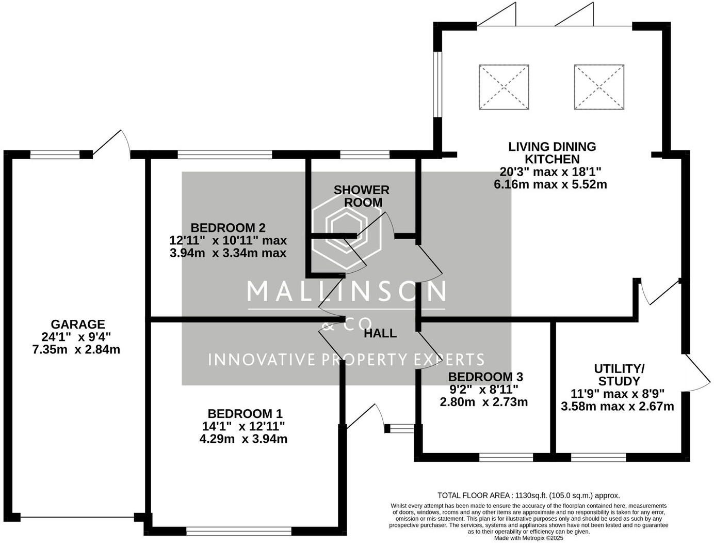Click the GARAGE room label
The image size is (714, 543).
[78, 324]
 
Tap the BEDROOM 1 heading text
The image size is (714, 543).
[245, 414]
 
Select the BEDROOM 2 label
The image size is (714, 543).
[228, 228]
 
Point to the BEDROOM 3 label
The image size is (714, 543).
[485, 377]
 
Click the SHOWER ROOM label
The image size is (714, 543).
[362, 196]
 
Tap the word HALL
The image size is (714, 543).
[380, 333]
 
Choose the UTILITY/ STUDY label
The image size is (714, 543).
[619, 375]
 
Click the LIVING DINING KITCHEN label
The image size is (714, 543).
[552, 153]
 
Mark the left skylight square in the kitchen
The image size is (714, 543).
[504, 87]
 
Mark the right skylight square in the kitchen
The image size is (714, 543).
[599, 87]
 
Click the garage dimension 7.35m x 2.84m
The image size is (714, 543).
[76, 349]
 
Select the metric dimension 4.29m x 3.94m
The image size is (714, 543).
[244, 439]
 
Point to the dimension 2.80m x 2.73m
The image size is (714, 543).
[484, 402]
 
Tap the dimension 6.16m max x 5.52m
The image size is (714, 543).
[550, 184]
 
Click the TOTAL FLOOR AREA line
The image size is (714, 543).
[529, 495]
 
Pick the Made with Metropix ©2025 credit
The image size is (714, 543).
[529, 538]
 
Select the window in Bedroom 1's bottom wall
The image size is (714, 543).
[239, 531]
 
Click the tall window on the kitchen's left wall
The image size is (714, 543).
[438, 84]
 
